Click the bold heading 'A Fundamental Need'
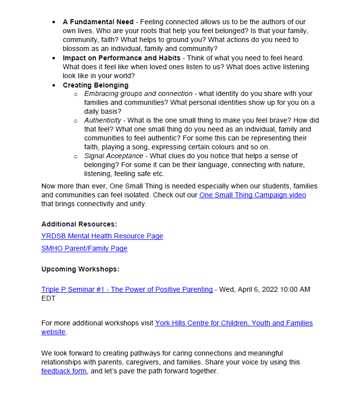pos(98,22)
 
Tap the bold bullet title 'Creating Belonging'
pos(95,85)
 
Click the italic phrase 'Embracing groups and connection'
pos(138,94)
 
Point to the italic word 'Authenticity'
pos(103,121)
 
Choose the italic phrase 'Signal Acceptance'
pos(114,156)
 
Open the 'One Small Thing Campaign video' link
pos(253,195)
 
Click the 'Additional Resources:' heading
pos(79,224)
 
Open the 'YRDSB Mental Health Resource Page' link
pos(102,236)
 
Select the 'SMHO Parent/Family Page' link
pos(85,249)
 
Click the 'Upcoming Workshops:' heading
pos(80,270)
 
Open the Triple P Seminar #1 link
pos(127,290)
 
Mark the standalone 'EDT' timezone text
pos(48,299)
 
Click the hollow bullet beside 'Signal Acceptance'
pos(76,157)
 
